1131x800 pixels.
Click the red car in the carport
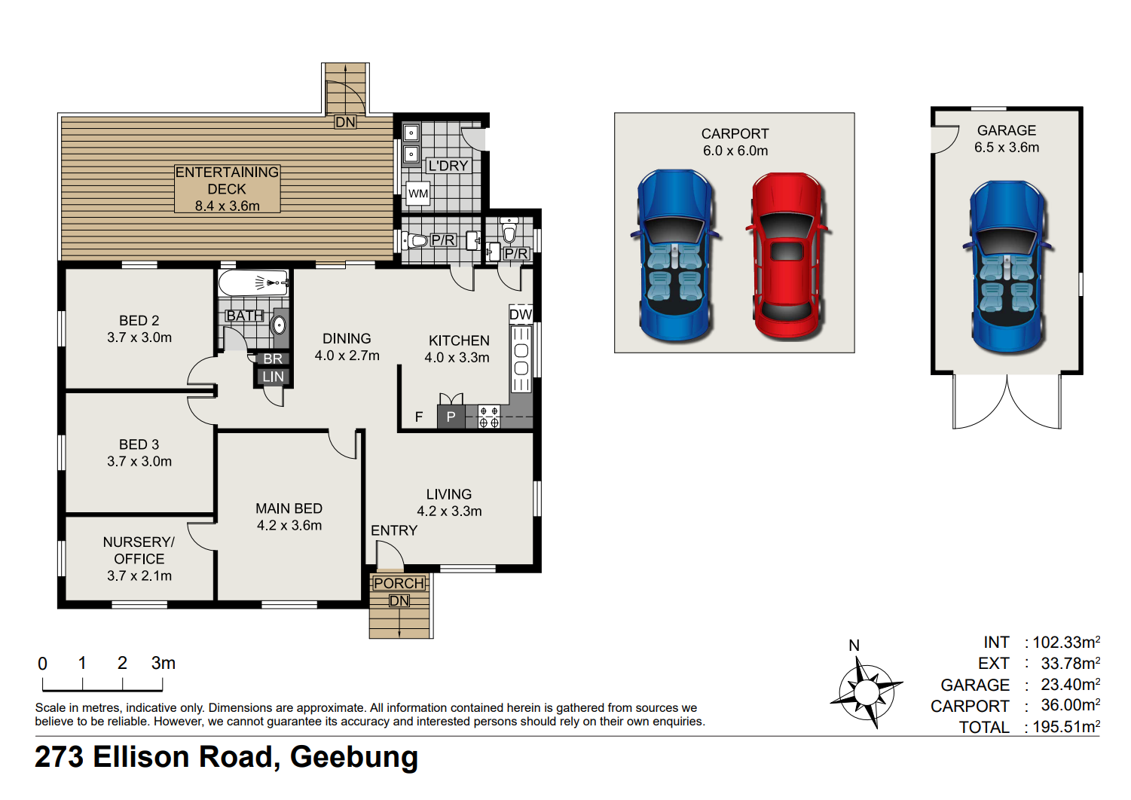point(787,255)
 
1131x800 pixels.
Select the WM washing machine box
point(418,194)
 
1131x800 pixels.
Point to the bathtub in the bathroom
point(254,283)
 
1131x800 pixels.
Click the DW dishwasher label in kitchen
point(521,314)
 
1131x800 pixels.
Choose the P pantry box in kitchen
point(451,417)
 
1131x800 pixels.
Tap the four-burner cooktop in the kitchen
point(489,417)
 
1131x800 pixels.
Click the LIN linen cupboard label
point(274,377)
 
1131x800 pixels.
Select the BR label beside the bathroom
point(274,359)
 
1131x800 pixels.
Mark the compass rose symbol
point(867,692)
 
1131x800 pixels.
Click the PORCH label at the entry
point(399,583)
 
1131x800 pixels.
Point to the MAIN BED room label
point(289,508)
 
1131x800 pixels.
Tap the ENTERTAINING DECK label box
point(228,189)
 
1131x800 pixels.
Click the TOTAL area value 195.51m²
point(1066,726)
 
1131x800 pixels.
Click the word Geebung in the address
point(354,758)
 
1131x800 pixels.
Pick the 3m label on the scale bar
point(163,663)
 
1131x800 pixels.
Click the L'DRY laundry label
point(448,166)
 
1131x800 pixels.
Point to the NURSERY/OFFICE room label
point(139,550)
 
